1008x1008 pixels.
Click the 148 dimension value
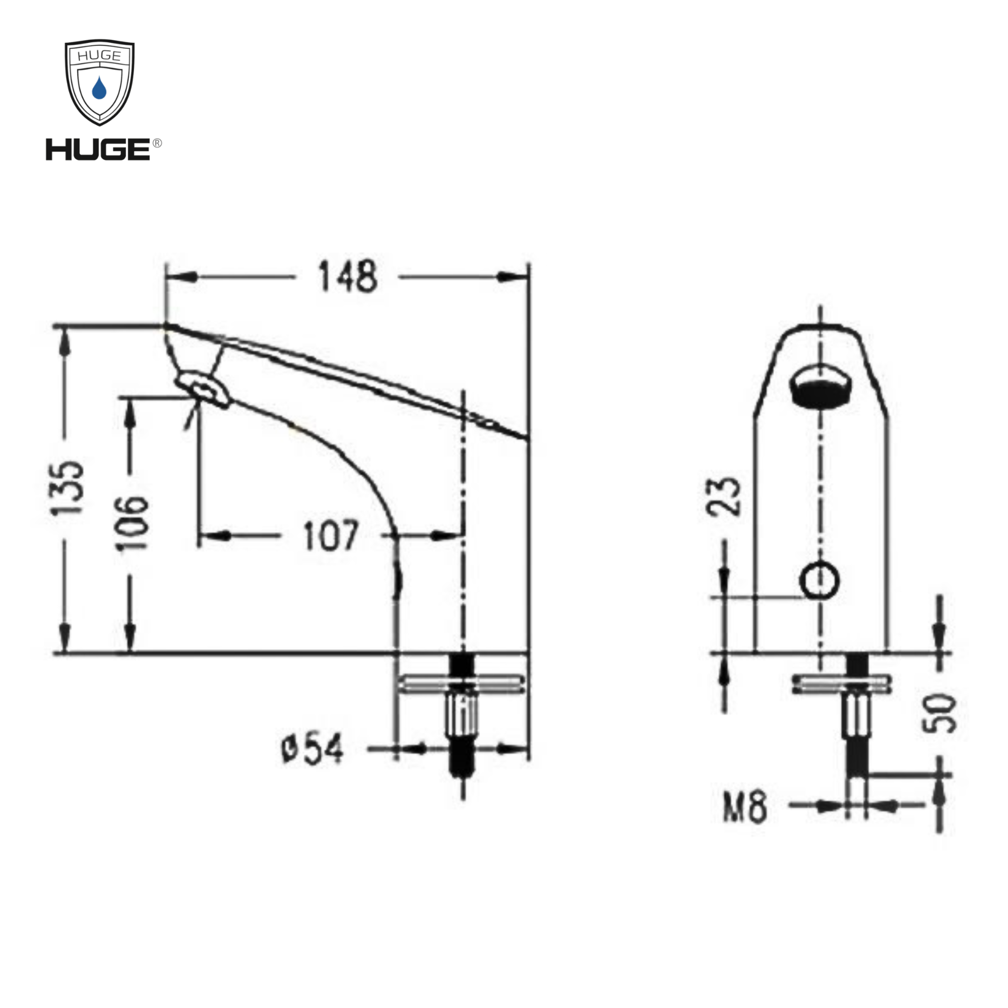coord(347,277)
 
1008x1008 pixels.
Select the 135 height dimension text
coord(68,488)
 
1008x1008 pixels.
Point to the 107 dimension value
coord(331,535)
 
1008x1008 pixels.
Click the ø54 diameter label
coord(312,749)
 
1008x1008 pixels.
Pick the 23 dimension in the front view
coord(724,496)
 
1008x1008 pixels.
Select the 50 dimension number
coord(939,713)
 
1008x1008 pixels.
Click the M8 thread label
coord(744,806)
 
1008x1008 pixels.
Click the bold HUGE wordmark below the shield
coord(98,150)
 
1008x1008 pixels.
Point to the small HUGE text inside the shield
coord(99,55)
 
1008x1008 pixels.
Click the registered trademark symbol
coord(157,143)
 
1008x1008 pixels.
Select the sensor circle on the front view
coord(820,580)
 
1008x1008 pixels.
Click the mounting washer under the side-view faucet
coord(461,683)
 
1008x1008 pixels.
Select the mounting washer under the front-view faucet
coord(842,683)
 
